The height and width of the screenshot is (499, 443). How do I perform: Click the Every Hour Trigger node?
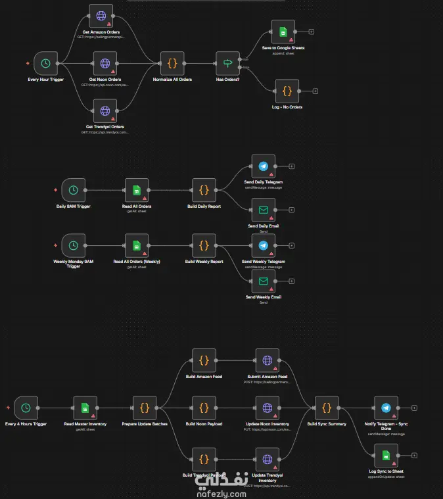[45, 64]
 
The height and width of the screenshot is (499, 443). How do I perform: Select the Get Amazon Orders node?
[104, 16]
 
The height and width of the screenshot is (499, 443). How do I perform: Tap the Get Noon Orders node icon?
[104, 64]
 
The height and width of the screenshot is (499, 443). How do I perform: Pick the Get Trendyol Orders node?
[105, 111]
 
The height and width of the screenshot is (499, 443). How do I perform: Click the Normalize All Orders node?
[172, 64]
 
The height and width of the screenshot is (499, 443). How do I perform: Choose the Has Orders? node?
[228, 64]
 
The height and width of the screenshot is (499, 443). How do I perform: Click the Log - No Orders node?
[287, 91]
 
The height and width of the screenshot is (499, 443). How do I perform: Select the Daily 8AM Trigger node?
[73, 191]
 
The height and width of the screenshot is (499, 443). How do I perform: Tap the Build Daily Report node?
[204, 191]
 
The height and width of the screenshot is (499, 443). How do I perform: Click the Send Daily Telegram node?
[264, 167]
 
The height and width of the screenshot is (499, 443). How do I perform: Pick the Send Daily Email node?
[264, 211]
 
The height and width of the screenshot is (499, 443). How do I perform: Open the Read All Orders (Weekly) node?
[137, 246]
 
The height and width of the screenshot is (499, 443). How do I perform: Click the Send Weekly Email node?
[264, 281]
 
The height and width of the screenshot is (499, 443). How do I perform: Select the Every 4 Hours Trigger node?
[26, 408]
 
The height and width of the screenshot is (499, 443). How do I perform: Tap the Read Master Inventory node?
[85, 408]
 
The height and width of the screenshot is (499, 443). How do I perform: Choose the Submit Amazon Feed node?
[268, 360]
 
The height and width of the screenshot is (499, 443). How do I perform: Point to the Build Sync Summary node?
[326, 408]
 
